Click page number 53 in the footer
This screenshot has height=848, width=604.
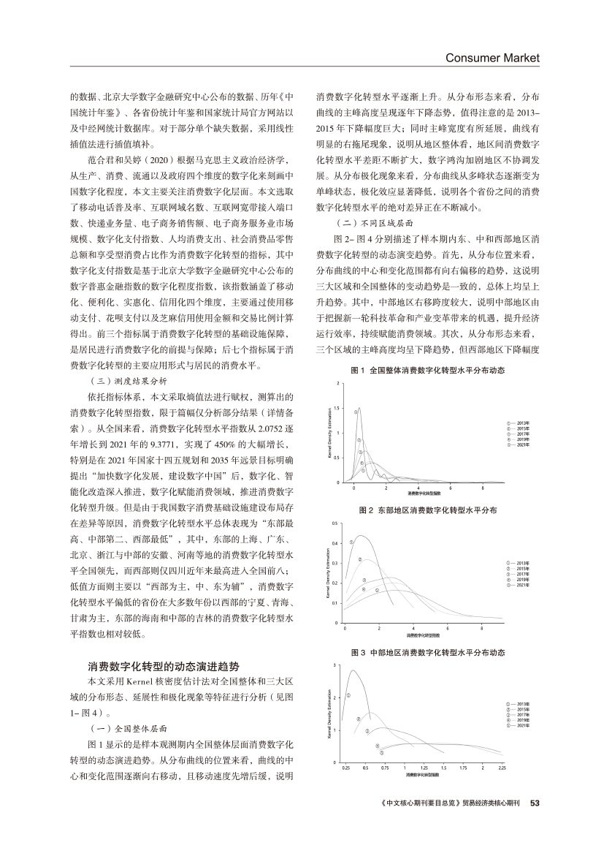point(533,802)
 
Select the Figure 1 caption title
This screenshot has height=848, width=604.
point(428,371)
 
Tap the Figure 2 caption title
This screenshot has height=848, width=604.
point(428,510)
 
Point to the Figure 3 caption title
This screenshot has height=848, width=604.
point(428,651)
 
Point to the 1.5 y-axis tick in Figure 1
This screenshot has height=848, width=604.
point(335,408)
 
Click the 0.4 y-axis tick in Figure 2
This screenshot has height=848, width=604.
point(335,543)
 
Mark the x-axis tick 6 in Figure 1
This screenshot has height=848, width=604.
point(451,487)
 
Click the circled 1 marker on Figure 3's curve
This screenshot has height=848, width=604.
point(348,695)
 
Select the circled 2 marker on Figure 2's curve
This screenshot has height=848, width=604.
point(360,559)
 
